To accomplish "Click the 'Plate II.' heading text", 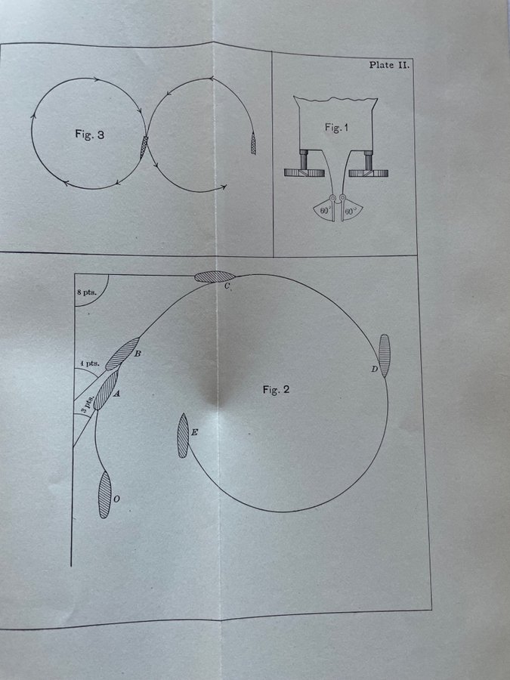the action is pos(389,66).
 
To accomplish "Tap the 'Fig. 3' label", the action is pos(89,134).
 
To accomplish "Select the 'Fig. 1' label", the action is pos(336,128).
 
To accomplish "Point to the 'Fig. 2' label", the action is pos(276,389).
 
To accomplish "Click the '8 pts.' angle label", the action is pos(87,292).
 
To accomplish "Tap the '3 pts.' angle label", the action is pos(87,403).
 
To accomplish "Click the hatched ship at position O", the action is pos(104,494).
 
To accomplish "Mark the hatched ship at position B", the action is pos(122,354).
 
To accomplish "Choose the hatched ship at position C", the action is pos(215,277).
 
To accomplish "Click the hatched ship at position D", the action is pos(385,356).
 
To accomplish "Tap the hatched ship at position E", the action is pos(183,436).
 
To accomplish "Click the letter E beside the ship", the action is pos(194,432).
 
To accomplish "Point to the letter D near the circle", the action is pos(375,369).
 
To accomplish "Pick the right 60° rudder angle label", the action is pos(351,212).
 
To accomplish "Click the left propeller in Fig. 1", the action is pos(304,172).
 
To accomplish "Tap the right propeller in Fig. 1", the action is pos(368,172).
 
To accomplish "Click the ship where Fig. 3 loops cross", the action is pos(144,147).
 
